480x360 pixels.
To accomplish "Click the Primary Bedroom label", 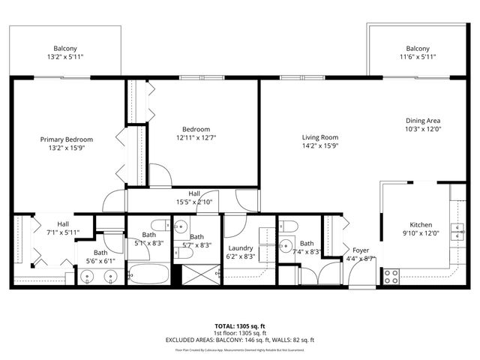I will click(67, 139).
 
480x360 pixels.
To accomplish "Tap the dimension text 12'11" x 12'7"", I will click(196, 137).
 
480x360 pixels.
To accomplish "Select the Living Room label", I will click(320, 137).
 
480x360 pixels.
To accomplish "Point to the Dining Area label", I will click(423, 121).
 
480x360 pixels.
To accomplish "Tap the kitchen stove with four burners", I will click(391, 276).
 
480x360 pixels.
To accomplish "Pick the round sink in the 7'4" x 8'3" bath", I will click(286, 245).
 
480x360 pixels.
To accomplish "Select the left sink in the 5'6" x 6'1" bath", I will click(88, 276).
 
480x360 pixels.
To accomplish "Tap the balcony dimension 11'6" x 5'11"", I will click(418, 57).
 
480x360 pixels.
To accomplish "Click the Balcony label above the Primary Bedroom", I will click(66, 48).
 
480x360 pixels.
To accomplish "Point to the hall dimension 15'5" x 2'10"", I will click(194, 202).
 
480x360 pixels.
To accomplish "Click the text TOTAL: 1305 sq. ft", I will click(240, 325).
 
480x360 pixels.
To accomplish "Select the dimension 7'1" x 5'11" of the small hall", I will click(63, 232).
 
